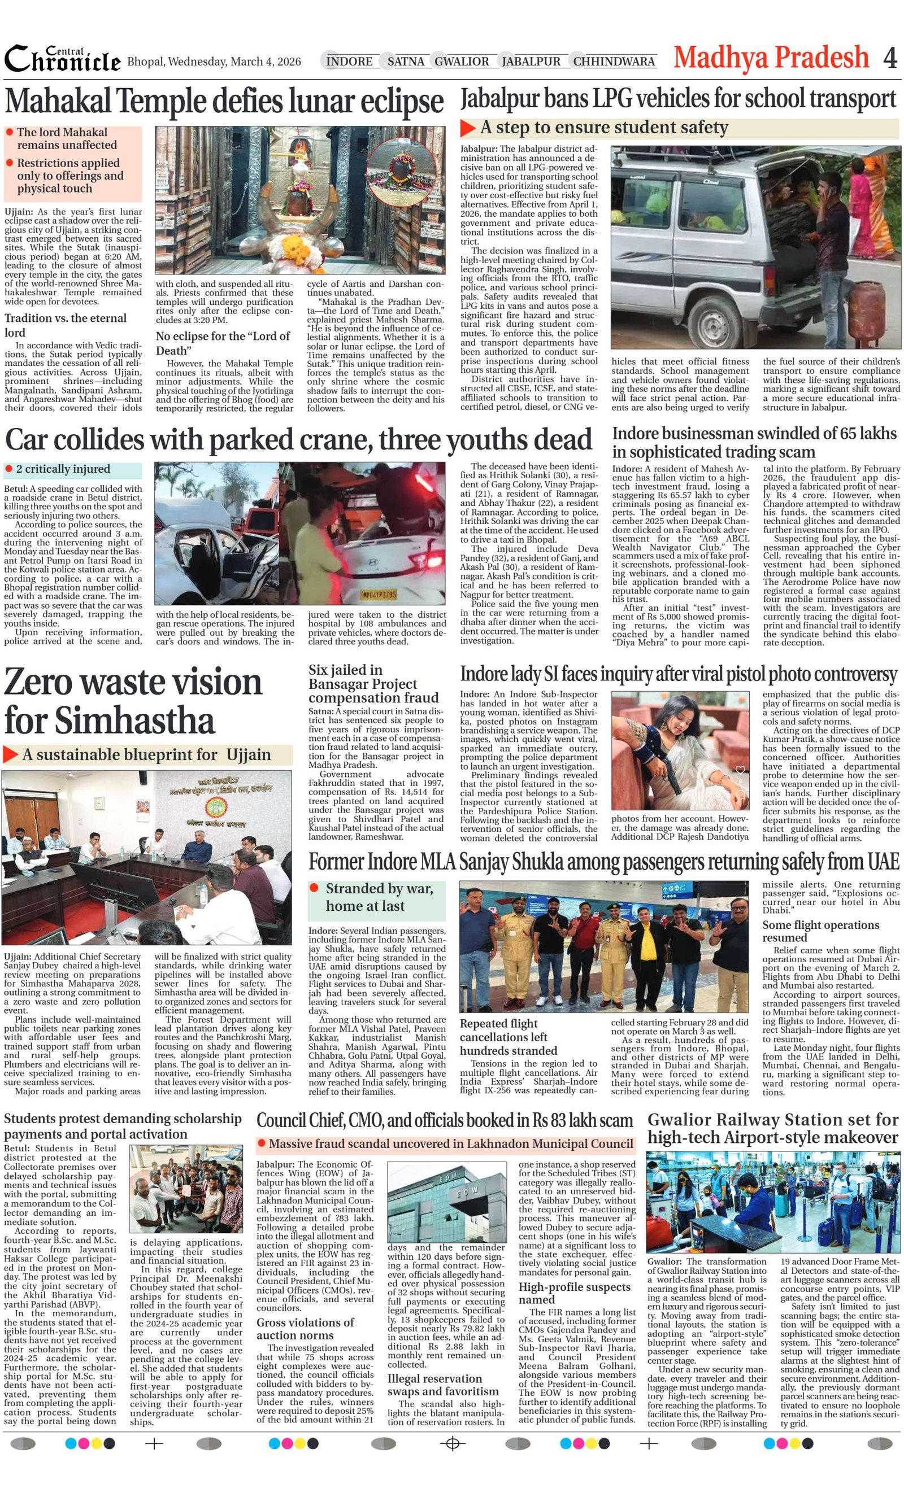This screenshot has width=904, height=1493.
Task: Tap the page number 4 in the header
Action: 889,58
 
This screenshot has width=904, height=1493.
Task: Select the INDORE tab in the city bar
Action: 349,61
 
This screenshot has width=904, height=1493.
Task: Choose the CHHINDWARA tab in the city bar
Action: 614,61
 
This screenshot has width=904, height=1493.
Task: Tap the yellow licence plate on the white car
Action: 379,595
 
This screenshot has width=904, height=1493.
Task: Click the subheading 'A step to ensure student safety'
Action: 603,128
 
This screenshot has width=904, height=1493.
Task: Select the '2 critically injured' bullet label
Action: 63,469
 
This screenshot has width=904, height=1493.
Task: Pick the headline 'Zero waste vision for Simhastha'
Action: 133,701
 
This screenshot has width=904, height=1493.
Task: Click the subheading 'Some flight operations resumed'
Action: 820,931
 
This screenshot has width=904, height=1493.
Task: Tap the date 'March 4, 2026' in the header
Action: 266,62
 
